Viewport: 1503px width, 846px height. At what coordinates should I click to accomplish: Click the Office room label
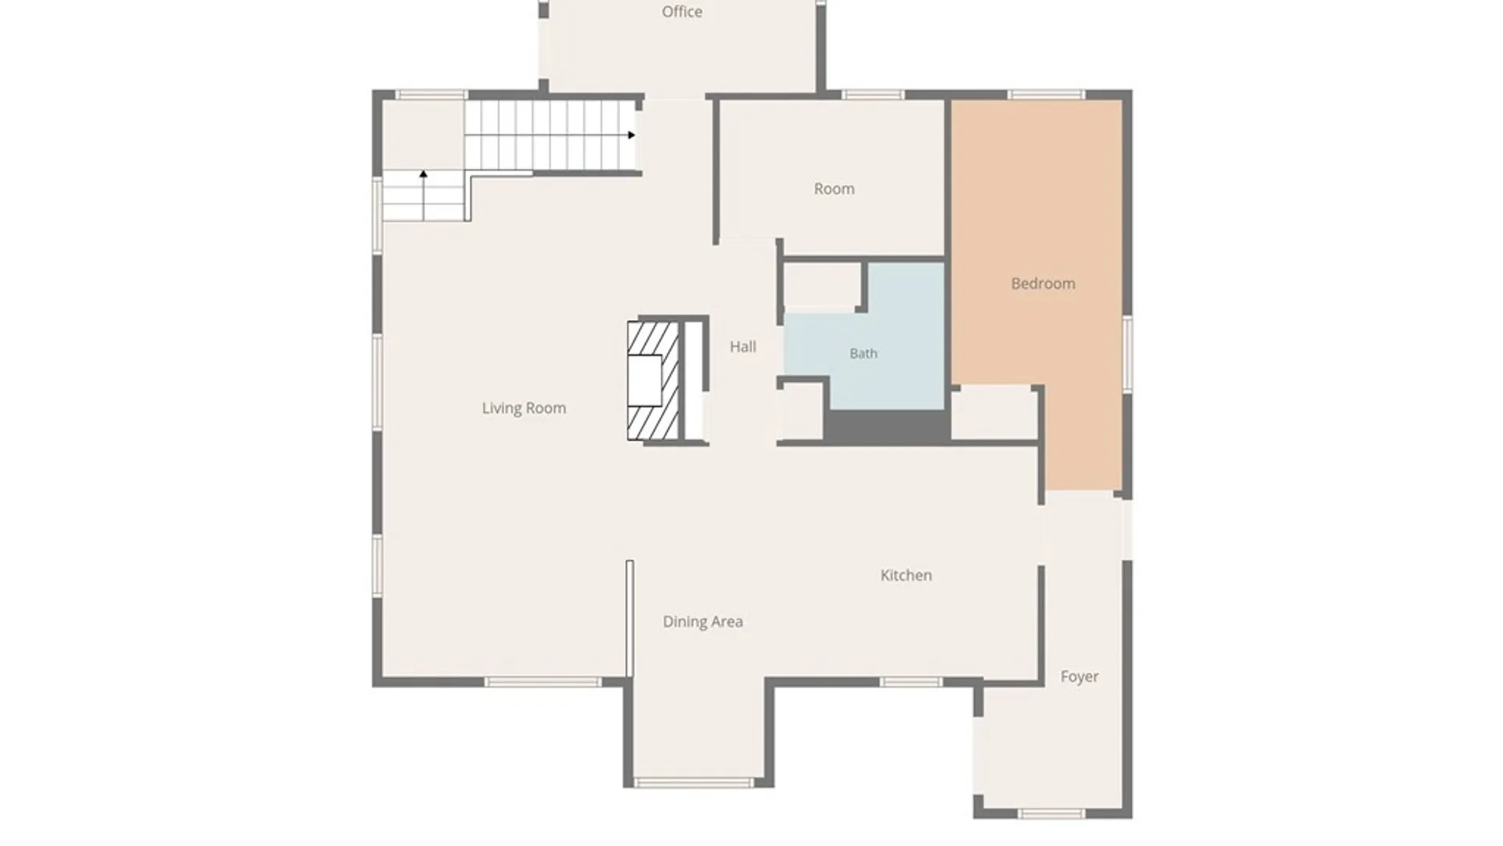(x=682, y=12)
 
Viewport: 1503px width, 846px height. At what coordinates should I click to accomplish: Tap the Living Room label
(x=524, y=408)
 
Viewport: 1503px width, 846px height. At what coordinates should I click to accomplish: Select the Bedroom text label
(x=1043, y=284)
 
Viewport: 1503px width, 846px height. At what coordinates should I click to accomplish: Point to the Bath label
(x=863, y=353)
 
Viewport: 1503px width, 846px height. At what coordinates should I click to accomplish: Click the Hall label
(x=743, y=346)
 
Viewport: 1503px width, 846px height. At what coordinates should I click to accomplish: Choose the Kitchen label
(x=906, y=575)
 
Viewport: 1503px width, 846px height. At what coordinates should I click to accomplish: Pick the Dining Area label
(x=703, y=622)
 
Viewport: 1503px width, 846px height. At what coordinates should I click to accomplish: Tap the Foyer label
(x=1079, y=677)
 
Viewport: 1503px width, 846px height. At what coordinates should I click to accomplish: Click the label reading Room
(x=834, y=189)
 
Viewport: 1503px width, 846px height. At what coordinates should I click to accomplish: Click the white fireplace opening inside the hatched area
(x=645, y=381)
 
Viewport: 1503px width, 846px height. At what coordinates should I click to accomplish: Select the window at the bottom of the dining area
(x=694, y=783)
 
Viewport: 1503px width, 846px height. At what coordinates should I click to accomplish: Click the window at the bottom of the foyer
(x=1051, y=815)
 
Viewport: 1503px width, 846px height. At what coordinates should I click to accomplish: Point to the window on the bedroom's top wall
(x=1046, y=95)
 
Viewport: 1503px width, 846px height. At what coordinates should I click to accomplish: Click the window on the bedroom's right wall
(x=1128, y=354)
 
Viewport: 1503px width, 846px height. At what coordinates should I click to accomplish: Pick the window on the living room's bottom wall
(x=542, y=682)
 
